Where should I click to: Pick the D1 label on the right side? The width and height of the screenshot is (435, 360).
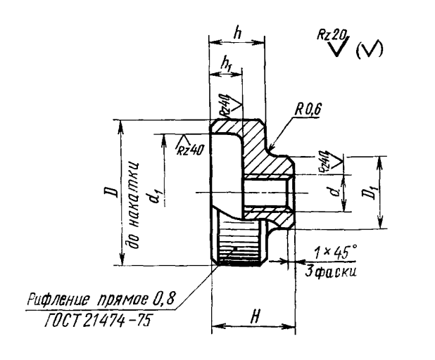[392, 192]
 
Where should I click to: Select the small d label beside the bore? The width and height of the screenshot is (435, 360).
[339, 191]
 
